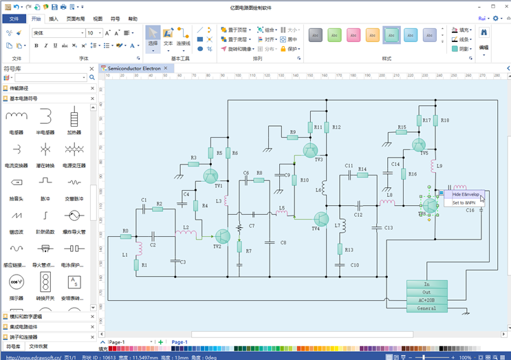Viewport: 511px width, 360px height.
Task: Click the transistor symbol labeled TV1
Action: [x=210, y=177]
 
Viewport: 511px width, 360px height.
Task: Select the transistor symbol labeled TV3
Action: [x=310, y=150]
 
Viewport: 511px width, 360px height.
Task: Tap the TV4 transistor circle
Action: [x=320, y=219]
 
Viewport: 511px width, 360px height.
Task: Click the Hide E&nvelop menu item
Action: [x=465, y=195]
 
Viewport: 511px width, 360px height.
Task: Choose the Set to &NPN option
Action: [x=464, y=203]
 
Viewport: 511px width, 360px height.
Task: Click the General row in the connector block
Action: [x=426, y=308]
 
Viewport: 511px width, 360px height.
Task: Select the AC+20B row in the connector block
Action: [x=426, y=300]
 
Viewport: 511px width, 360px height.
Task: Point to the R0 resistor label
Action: [x=125, y=231]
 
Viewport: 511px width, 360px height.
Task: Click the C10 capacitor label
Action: [x=354, y=264]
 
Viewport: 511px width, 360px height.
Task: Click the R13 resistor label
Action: [x=349, y=250]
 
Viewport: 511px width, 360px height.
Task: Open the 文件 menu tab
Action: [x=13, y=19]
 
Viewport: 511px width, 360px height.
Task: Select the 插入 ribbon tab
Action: [x=54, y=19]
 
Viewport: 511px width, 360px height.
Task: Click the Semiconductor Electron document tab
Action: [x=134, y=68]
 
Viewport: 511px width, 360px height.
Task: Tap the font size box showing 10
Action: [x=91, y=33]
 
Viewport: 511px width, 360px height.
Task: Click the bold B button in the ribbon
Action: [x=36, y=46]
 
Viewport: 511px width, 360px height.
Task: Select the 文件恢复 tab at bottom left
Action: [x=39, y=346]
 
